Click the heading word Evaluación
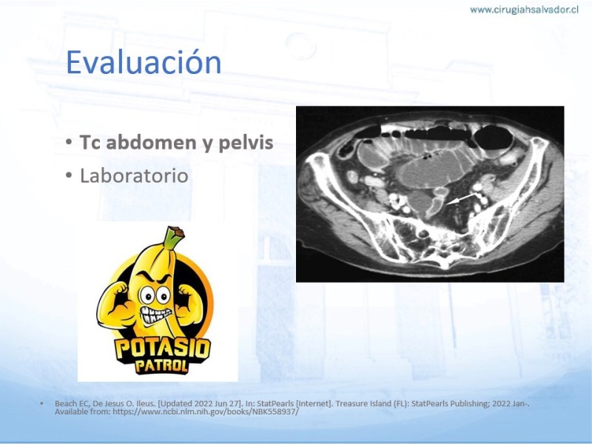144,62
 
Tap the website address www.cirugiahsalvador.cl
524,10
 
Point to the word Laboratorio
134,175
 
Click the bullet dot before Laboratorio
68,175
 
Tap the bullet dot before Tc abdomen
68,142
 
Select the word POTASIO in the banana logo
163,349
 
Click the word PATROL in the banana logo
162,366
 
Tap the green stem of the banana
173,237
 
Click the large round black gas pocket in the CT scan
494,138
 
